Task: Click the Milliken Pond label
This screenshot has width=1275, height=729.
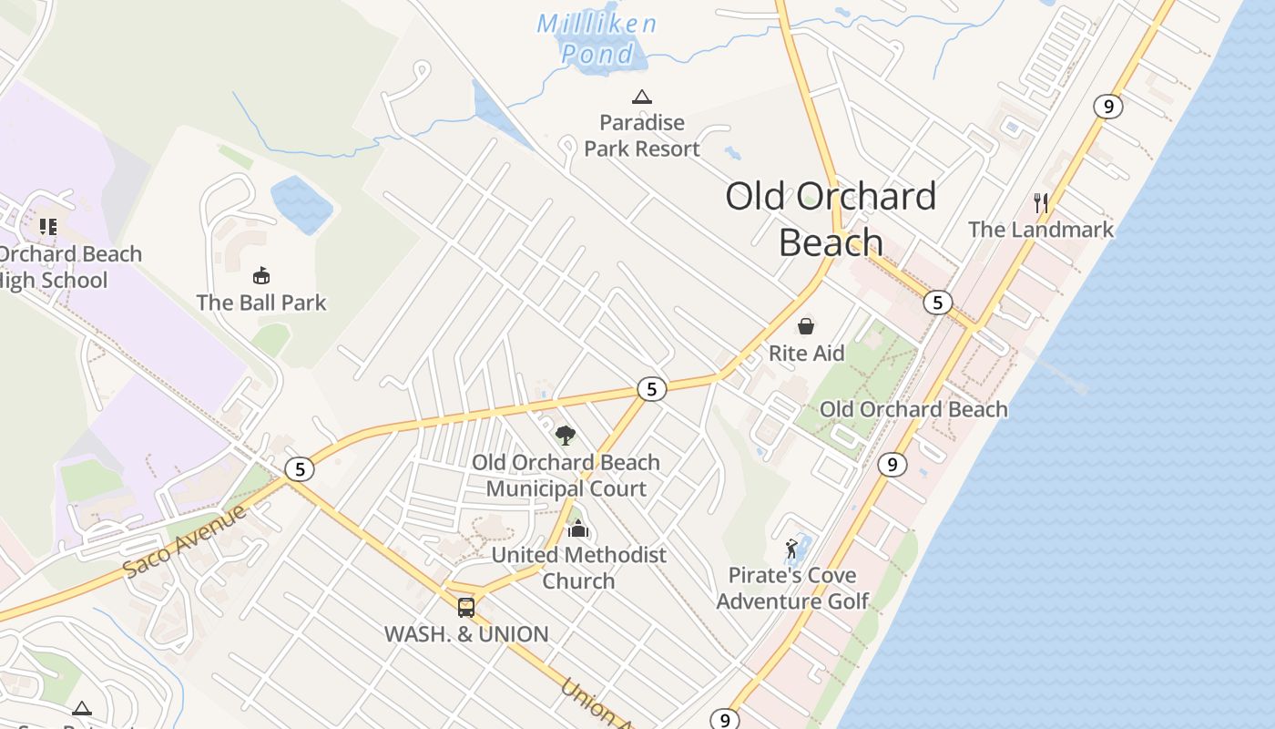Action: [x=597, y=37]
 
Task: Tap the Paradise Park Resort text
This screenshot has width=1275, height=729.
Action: [x=642, y=135]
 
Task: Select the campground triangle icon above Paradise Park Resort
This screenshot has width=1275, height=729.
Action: [x=642, y=97]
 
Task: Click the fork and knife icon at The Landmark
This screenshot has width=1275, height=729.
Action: [x=1041, y=202]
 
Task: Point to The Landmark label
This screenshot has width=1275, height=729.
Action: [x=1040, y=229]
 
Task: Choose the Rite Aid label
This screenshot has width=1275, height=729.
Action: [x=806, y=353]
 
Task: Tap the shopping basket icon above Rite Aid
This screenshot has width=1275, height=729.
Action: [x=806, y=326]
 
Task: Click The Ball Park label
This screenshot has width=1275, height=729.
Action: [x=261, y=302]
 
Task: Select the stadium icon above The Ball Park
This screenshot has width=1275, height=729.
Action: [x=261, y=275]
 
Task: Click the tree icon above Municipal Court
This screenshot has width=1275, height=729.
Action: [x=566, y=435]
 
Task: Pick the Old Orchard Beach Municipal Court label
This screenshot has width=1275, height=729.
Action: [x=566, y=475]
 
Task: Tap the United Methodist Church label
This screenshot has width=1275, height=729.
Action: [x=578, y=567]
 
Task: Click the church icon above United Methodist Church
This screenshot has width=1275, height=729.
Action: [x=578, y=529]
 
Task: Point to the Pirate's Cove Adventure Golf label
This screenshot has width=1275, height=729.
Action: [x=792, y=588]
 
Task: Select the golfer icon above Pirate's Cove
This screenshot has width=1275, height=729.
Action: [x=792, y=549]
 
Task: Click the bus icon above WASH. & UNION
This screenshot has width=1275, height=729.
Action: [x=466, y=607]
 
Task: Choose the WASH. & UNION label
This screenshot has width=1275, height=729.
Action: [x=466, y=634]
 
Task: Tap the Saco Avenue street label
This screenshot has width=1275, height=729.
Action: [x=186, y=539]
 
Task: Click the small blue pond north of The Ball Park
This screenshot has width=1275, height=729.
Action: [x=301, y=203]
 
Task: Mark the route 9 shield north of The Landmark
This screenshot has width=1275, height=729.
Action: [x=1107, y=107]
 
